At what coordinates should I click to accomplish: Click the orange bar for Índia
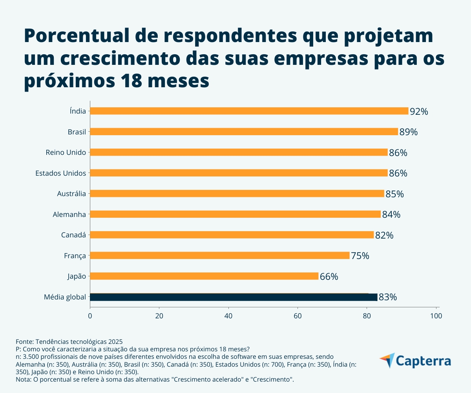[249, 111]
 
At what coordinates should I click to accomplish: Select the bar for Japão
[204, 276]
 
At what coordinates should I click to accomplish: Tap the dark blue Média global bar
[234, 297]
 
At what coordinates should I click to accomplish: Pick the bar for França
[220, 255]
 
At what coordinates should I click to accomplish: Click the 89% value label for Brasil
[409, 132]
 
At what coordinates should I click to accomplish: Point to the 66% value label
[329, 277]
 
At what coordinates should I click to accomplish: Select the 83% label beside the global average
[388, 298]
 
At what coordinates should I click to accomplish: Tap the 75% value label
[360, 256]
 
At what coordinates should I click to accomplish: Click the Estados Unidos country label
[60, 173]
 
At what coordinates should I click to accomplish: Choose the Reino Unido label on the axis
[66, 152]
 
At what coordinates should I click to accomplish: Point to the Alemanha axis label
[69, 214]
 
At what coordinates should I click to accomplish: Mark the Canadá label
[73, 235]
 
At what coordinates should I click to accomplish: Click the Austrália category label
[71, 193]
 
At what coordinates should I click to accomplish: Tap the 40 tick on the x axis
[228, 316]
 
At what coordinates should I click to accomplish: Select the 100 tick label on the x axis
[436, 316]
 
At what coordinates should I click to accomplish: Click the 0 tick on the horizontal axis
[90, 316]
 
